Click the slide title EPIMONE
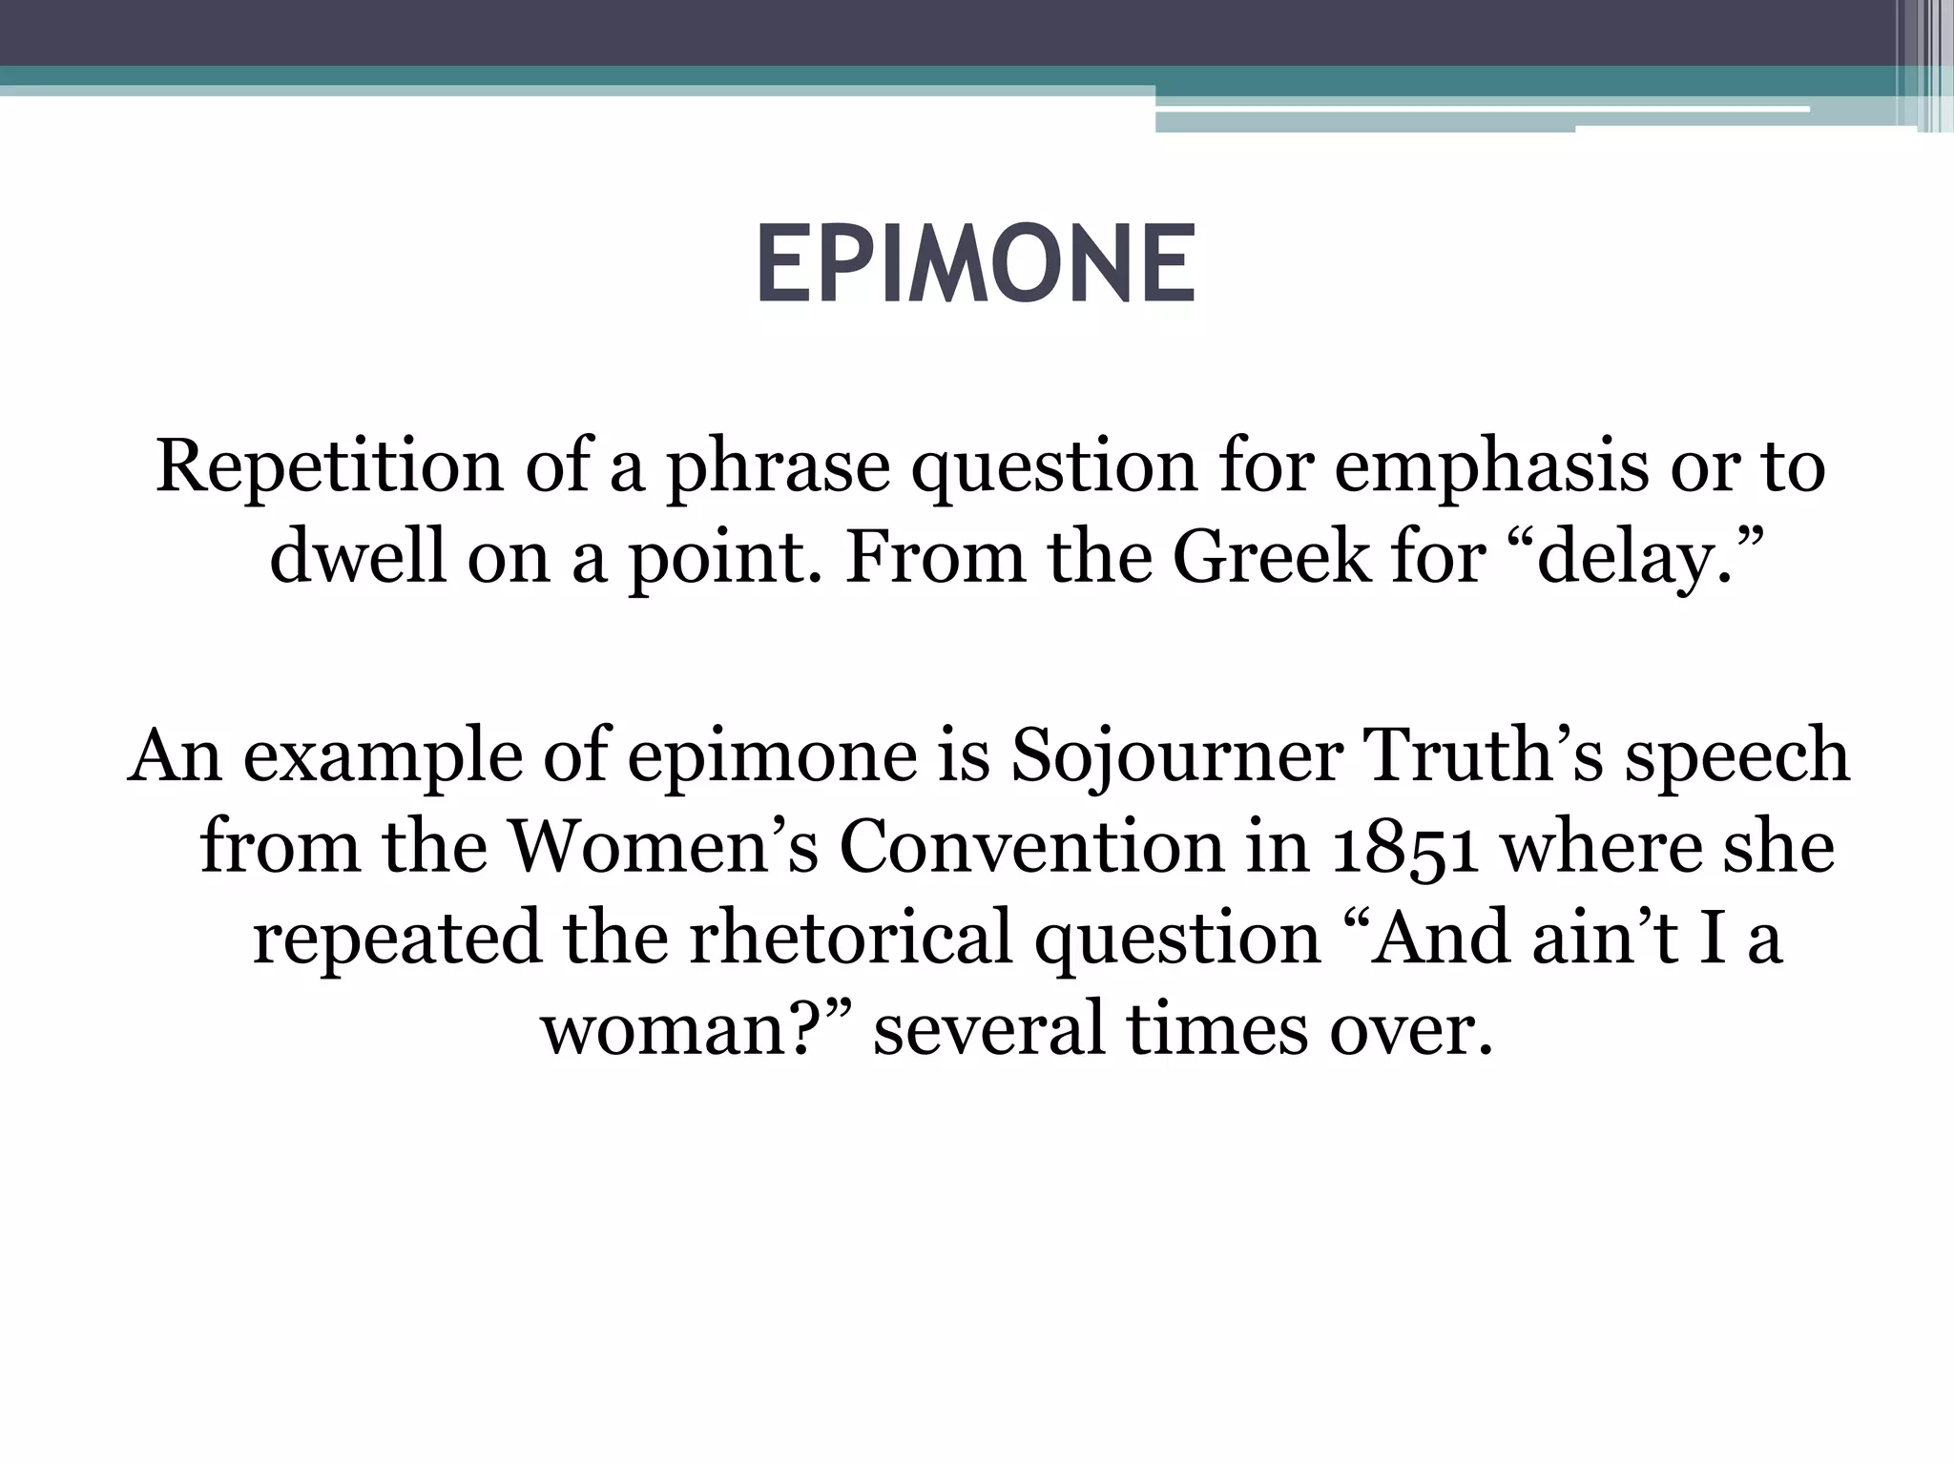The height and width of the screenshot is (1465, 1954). click(x=975, y=264)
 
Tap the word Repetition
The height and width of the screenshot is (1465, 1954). click(x=329, y=466)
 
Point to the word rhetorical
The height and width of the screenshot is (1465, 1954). click(x=850, y=938)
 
